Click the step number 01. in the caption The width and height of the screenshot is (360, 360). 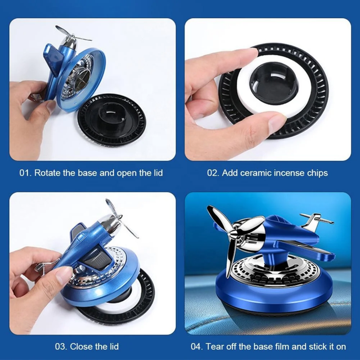point(25,173)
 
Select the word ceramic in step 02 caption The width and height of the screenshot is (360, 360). point(255,173)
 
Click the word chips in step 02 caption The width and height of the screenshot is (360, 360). point(317,173)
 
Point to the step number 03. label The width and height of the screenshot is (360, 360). point(61,347)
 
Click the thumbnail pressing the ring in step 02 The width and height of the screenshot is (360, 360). point(277,123)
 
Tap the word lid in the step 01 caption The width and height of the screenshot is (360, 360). point(158,173)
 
